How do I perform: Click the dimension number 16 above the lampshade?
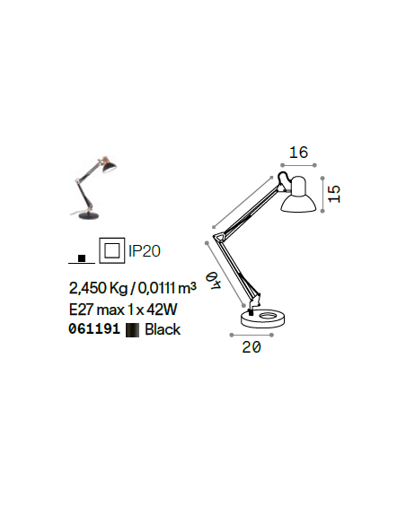tap(298, 153)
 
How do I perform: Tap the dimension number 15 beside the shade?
tap(334, 194)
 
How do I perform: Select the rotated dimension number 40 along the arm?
tap(214, 281)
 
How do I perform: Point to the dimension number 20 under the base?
tap(252, 347)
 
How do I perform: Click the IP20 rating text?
tap(145, 250)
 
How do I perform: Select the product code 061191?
tap(94, 328)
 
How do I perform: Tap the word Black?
tap(163, 329)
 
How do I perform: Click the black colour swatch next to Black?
tap(132, 330)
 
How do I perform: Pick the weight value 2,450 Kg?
tap(98, 288)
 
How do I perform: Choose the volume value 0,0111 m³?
tap(167, 288)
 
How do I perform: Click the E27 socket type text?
tap(81, 310)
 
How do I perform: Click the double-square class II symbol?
tap(112, 250)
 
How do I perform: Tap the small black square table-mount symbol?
tap(82, 258)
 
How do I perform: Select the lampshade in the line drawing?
tap(298, 196)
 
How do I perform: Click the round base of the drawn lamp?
tap(263, 319)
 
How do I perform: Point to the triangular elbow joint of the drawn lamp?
tap(220, 236)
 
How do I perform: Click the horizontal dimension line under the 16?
tap(298, 165)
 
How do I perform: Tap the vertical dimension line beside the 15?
tap(322, 195)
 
